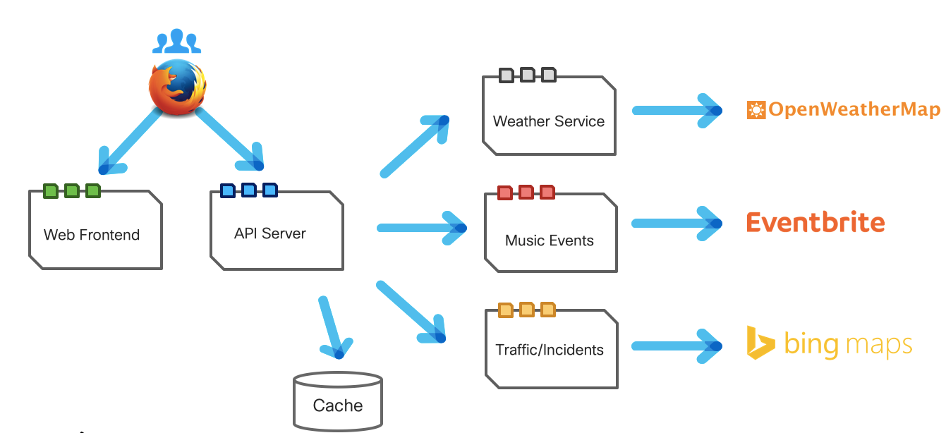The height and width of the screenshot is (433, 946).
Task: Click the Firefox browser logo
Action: [x=177, y=87]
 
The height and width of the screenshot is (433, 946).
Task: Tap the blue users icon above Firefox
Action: [x=177, y=42]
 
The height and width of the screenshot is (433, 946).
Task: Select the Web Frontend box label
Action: [x=92, y=235]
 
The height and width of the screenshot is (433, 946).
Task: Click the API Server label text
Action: [x=270, y=233]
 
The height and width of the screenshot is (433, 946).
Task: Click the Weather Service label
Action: [x=549, y=121]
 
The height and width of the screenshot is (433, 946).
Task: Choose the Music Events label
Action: [x=550, y=240]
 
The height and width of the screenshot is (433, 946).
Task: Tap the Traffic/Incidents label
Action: [x=550, y=350]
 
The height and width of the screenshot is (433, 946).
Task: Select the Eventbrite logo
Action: [x=815, y=223]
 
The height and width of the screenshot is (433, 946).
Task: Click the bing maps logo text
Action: [x=848, y=345]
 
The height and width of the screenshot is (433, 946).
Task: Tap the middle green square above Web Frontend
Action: [x=71, y=190]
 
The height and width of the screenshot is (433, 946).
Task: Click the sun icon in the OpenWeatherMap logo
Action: [x=756, y=110]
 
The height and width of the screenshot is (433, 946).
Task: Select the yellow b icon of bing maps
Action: [x=760, y=343]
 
